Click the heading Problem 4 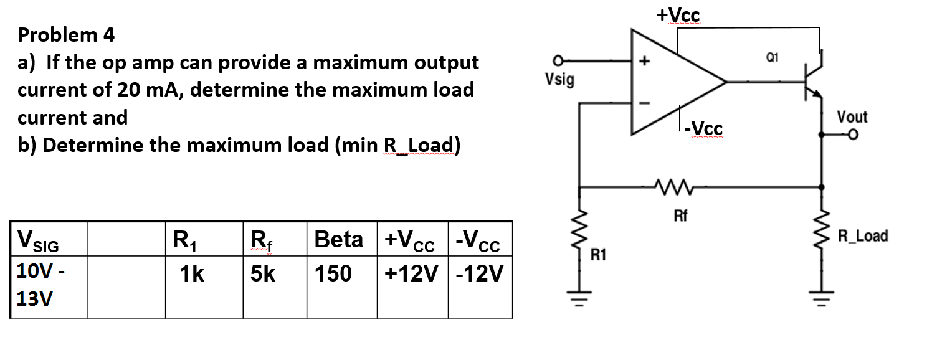[x=67, y=35]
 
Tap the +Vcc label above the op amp [x=678, y=15]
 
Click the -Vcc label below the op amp [x=704, y=127]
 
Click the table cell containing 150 [x=333, y=273]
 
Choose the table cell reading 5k [x=262, y=273]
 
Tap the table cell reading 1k [x=191, y=273]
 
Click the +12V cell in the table [x=412, y=273]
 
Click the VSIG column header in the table [x=39, y=240]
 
